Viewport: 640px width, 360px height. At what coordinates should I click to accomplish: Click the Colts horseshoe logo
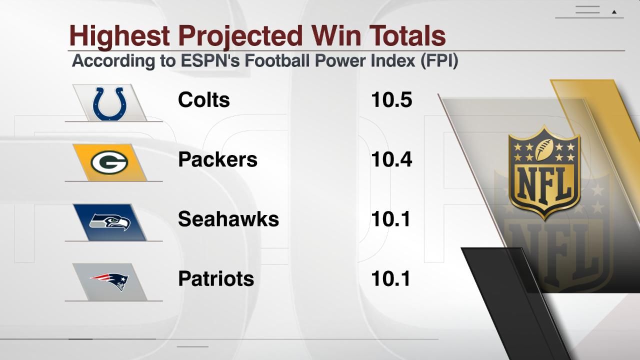(110, 103)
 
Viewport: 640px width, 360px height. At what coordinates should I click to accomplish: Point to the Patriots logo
(109, 281)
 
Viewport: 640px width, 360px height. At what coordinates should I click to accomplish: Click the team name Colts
(203, 100)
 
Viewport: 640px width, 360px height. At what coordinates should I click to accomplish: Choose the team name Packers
(217, 159)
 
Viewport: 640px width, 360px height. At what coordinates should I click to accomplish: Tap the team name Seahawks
(228, 219)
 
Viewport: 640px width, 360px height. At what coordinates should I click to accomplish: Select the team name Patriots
(215, 278)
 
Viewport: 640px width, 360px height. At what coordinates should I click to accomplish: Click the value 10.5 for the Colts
(391, 100)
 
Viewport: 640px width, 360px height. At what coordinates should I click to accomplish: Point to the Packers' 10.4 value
(391, 159)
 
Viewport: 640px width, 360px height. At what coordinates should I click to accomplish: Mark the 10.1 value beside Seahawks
(390, 219)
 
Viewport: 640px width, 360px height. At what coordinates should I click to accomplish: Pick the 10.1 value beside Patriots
(390, 278)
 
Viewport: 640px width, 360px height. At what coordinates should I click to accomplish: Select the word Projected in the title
(240, 36)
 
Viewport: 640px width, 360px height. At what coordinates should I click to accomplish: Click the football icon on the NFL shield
(544, 148)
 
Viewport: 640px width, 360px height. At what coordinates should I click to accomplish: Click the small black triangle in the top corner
(614, 11)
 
